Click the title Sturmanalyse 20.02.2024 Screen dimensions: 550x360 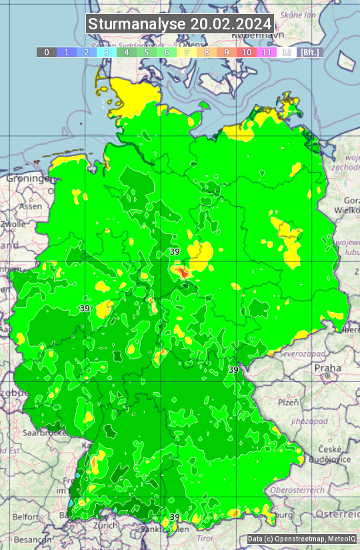(180, 24)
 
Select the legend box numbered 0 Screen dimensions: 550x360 (47, 52)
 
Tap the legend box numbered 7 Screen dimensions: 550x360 (187, 52)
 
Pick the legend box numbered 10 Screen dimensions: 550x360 (247, 52)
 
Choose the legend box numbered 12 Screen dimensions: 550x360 (287, 52)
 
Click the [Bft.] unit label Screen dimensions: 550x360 (310, 52)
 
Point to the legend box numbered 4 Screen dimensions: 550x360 (127, 52)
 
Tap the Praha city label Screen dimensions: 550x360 (327, 368)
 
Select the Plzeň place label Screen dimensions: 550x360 (288, 403)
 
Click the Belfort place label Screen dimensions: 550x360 (26, 517)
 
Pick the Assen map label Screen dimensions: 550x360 (30, 207)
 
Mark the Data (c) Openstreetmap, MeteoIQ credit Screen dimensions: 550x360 (301, 539)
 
